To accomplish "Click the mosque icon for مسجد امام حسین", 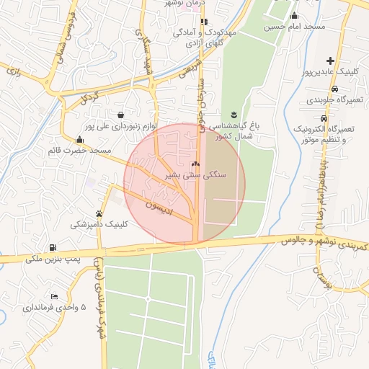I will (293, 15).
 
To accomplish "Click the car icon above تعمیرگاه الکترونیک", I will (325, 117).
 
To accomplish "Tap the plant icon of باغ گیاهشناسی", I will (234, 115).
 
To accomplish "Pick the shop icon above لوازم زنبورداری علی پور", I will (120, 115).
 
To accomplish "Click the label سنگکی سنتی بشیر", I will (196, 175).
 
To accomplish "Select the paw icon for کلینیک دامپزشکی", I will (99, 213).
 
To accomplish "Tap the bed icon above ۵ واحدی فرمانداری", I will (55, 296).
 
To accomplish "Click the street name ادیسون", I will (161, 203).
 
